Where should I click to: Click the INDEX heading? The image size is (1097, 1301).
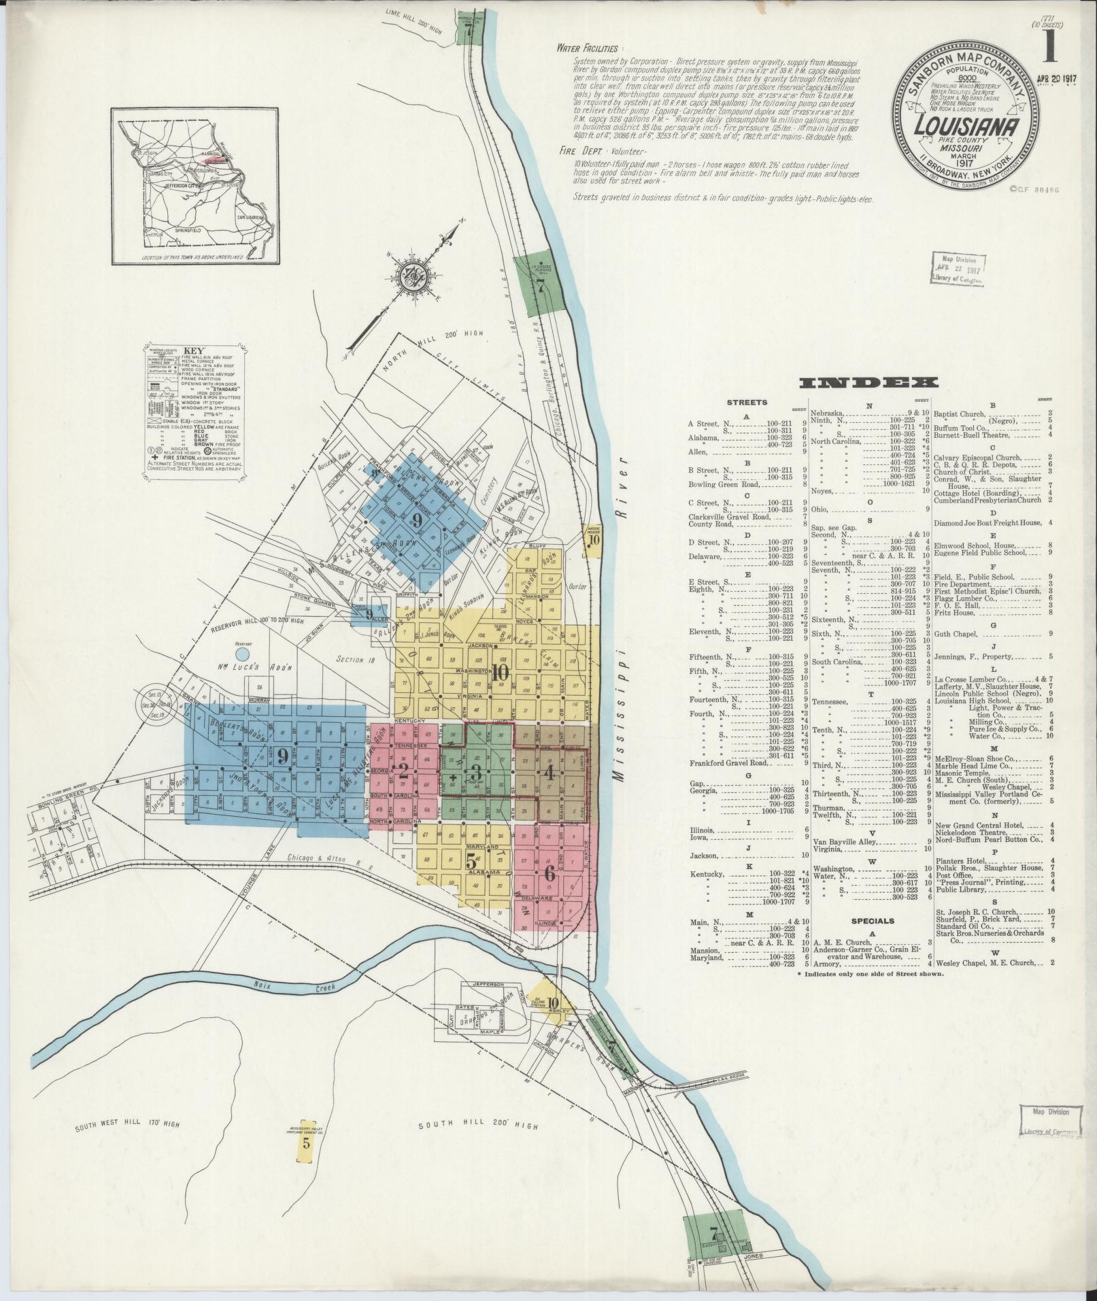pyautogui.click(x=869, y=384)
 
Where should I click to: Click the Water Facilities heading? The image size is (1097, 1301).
pyautogui.click(x=587, y=48)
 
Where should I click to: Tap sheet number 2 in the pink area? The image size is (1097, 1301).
pyautogui.click(x=403, y=771)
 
